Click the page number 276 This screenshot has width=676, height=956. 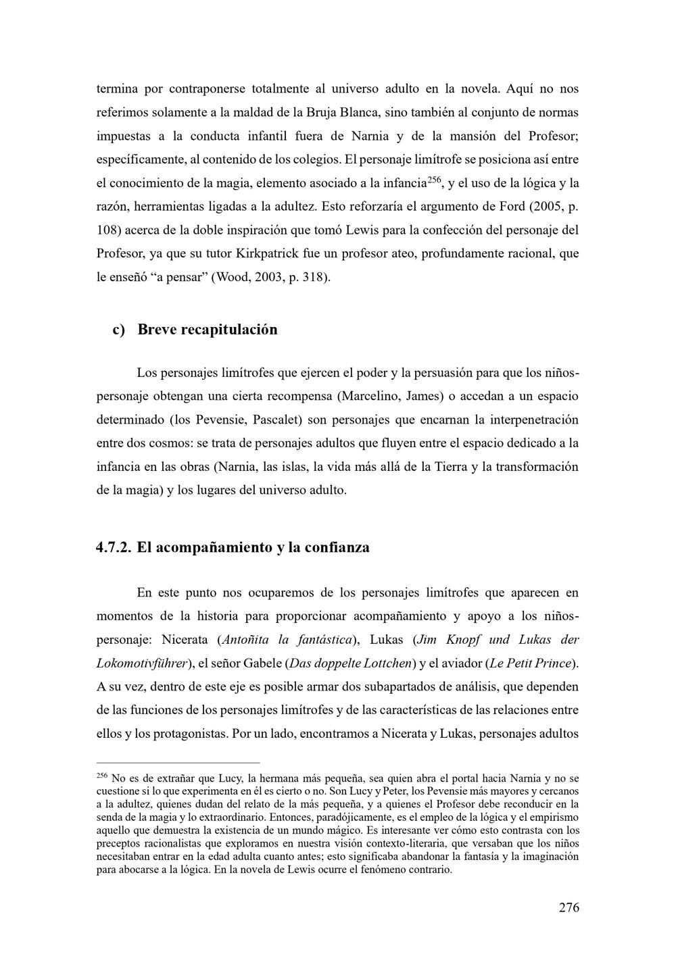[569, 907]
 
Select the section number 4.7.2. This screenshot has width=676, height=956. [114, 547]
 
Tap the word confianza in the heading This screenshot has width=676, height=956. [337, 547]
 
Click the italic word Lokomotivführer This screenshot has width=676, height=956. [141, 663]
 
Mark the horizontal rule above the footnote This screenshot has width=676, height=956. [178, 762]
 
